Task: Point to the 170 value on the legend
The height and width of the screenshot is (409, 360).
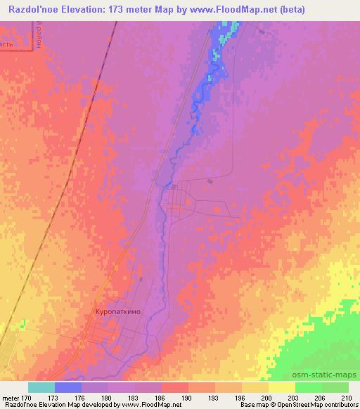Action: point(27,397)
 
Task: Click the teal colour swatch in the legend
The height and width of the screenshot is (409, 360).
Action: point(41,387)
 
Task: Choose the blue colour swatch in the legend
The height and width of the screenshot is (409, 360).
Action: point(68,387)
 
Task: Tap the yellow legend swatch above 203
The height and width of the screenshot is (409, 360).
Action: point(282,387)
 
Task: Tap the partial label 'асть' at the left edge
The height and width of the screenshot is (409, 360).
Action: point(6,44)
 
